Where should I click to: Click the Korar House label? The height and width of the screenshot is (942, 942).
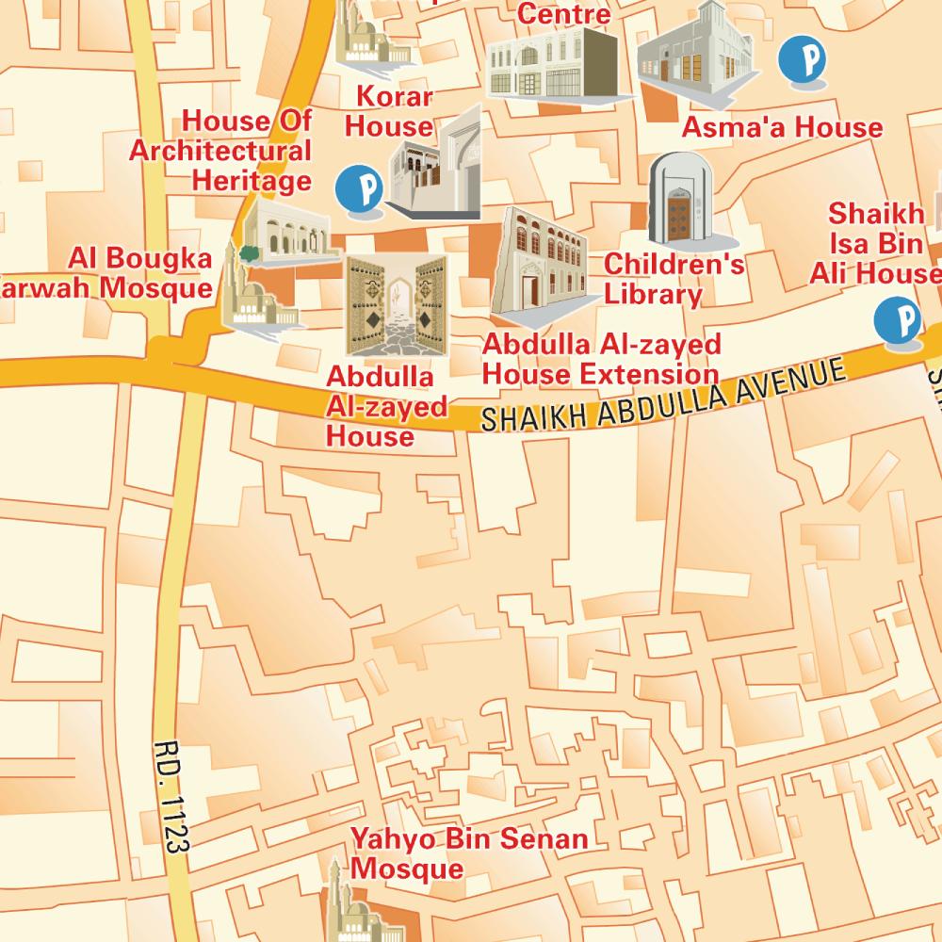tap(395, 111)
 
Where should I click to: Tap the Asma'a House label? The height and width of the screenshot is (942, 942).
tap(782, 127)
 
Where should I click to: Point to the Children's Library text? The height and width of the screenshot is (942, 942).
tap(673, 279)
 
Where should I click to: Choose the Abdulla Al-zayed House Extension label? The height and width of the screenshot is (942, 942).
tap(601, 359)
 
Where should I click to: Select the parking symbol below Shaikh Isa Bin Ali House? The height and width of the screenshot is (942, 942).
tap(897, 321)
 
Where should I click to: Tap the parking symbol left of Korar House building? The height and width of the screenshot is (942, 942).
tap(360, 188)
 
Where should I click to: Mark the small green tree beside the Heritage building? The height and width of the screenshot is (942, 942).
tap(250, 252)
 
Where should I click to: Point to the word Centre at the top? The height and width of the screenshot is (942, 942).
tap(563, 13)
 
